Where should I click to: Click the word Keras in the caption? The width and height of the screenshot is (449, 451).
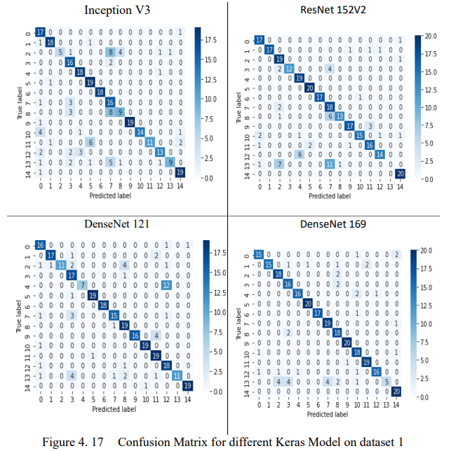(276, 442)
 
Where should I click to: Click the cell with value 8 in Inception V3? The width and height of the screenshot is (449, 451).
(109, 52)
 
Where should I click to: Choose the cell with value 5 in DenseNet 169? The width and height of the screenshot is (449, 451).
(387, 380)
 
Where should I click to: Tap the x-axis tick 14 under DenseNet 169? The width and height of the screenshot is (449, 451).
(397, 405)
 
